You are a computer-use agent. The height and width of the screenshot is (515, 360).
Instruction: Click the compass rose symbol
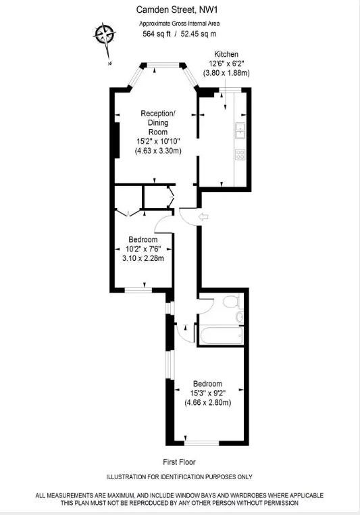coord(105,34)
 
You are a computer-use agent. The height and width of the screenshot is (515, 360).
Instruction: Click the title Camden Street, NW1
coord(177,10)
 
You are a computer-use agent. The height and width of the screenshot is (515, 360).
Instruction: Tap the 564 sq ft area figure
coord(157,34)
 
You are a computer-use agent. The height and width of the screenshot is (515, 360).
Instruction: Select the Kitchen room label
coord(226,54)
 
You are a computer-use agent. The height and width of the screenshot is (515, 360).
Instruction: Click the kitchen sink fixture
coord(240,130)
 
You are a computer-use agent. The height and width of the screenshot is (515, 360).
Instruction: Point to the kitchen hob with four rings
coord(240,154)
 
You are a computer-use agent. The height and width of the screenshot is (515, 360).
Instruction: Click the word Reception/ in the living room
coord(158,114)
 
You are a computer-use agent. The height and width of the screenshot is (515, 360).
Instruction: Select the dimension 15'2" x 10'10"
coord(159,141)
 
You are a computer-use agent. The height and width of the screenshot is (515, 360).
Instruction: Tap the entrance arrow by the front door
coord(204,217)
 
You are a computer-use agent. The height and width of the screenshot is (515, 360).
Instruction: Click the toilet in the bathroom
coord(232,301)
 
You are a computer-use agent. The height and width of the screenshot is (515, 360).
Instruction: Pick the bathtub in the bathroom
coord(221,335)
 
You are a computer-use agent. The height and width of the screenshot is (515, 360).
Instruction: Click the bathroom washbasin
coord(240,317)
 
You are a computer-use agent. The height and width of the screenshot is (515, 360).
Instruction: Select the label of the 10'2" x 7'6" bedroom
coord(143,240)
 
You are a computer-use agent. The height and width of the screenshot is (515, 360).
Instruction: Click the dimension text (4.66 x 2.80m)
coord(208,402)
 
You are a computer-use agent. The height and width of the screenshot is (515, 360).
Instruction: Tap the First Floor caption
coord(179,462)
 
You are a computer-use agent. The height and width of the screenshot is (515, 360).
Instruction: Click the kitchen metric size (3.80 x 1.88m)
coord(226,73)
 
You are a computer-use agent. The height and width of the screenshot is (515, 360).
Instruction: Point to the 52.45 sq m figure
coord(199,34)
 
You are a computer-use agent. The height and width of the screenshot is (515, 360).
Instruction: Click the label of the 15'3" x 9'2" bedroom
coord(207,384)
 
